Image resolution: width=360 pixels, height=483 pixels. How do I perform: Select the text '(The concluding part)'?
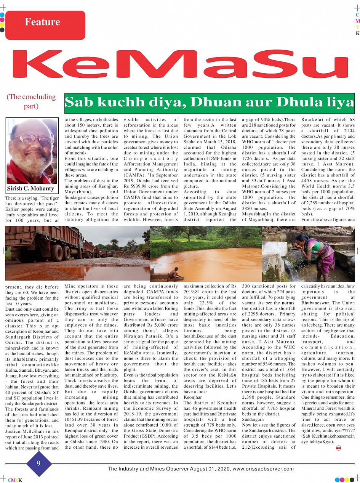[31, 101]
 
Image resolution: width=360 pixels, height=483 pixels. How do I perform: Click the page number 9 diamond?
[38, 464]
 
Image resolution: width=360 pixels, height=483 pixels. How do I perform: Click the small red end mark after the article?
[338, 448]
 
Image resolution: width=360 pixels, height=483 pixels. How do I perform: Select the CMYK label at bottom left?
[15, 480]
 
